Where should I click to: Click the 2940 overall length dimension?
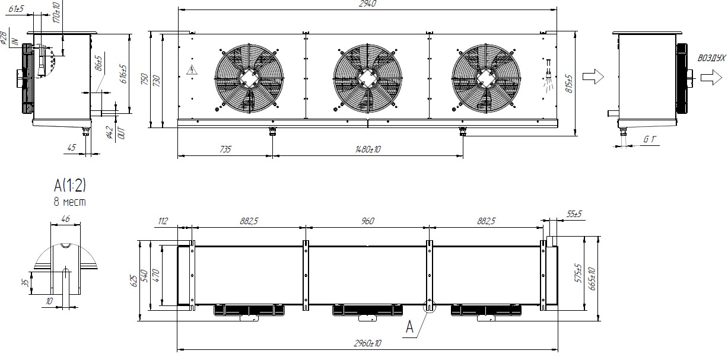point(368,4)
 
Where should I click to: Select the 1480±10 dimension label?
point(368,149)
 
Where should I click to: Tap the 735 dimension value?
point(225,149)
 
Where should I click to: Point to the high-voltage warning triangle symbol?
point(192,70)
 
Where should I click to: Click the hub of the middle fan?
point(368,78)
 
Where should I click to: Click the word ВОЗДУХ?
point(711,58)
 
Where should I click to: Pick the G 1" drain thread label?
point(650,139)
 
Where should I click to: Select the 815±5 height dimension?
point(569,84)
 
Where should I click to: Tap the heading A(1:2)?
point(70,186)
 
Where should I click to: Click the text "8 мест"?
point(70,202)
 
